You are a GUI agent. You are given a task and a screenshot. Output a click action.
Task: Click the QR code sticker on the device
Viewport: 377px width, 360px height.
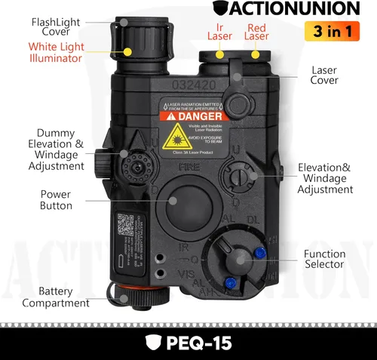123,225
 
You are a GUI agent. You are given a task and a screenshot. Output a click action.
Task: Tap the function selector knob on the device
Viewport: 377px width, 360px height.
240,259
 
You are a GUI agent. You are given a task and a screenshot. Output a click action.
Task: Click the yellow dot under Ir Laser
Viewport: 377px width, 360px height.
219,54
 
